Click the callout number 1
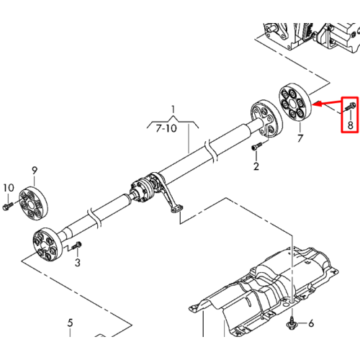click(174, 109)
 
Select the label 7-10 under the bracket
click(166, 128)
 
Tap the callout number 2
click(256, 166)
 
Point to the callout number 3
click(77, 262)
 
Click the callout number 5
click(70, 323)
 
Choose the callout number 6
click(311, 323)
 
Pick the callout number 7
click(300, 138)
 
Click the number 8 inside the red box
click(351, 125)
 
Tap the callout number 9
click(35, 171)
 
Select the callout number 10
click(9, 188)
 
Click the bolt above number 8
click(350, 107)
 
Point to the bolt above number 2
click(256, 146)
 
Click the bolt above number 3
click(76, 246)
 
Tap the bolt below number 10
click(8, 206)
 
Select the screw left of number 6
click(292, 323)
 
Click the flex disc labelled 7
click(294, 103)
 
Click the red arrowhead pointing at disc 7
click(317, 104)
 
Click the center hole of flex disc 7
click(292, 104)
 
